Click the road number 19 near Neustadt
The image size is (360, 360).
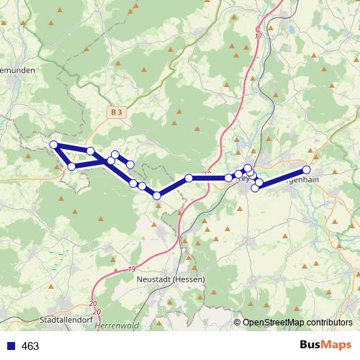pos(132,269)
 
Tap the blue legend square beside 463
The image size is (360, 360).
pos(10,346)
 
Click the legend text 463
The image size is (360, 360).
pos(30,346)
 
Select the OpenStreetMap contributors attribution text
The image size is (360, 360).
pos(298,323)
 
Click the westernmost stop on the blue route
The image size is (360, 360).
pos(53,145)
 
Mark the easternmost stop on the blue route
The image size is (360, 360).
pos(306,170)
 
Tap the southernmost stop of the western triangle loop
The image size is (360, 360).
pos(71,167)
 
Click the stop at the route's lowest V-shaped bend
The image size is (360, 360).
pos(157,195)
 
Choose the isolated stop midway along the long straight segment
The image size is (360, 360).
pos(188,178)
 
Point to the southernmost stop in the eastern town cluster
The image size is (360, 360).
pos(255,189)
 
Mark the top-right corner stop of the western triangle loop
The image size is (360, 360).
pos(91,150)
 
